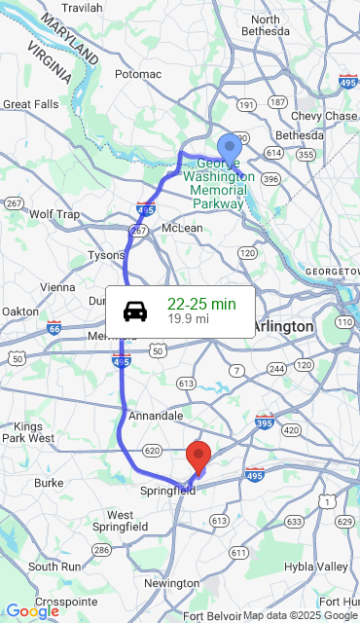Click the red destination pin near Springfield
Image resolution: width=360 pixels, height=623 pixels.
tap(198, 456)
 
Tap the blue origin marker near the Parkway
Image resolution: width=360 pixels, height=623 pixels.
tap(229, 149)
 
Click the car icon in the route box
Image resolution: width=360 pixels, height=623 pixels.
tap(135, 311)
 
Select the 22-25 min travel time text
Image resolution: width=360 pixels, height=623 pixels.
tap(201, 304)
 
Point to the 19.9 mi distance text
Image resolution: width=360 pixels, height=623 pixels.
tap(188, 319)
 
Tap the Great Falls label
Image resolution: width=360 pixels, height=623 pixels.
tap(30, 103)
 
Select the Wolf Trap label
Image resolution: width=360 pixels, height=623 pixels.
tap(54, 214)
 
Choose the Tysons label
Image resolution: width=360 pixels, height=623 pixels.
tap(107, 255)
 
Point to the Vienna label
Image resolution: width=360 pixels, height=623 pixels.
tap(56, 287)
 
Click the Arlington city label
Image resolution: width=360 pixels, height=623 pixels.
tap(283, 326)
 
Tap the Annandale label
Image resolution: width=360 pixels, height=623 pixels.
tap(155, 416)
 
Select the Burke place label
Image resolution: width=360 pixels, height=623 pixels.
tap(49, 482)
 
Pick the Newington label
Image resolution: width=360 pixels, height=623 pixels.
tap(171, 583)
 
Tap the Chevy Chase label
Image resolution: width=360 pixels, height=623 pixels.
tap(329, 116)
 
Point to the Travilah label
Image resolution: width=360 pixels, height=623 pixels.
tap(82, 8)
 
